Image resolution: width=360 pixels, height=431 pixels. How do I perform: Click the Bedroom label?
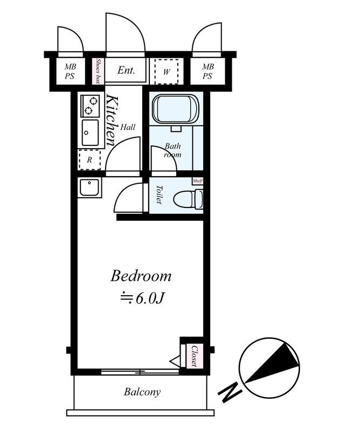[141, 276]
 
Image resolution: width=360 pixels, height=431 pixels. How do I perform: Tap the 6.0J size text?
[142, 298]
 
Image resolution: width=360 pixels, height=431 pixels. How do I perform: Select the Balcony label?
[142, 392]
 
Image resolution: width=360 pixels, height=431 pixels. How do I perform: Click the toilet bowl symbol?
[189, 199]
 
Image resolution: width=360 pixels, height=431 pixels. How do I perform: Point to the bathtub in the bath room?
[176, 109]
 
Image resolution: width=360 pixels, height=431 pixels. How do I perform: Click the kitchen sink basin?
[90, 133]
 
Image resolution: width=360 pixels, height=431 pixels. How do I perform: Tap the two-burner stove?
[90, 106]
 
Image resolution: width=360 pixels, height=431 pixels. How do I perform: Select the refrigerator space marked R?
[89, 159]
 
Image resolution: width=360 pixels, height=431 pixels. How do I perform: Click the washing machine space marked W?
[166, 72]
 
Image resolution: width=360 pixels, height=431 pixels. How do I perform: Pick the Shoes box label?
[98, 72]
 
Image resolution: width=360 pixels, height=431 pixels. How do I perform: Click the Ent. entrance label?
[126, 71]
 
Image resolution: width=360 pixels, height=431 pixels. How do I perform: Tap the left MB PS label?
[70, 71]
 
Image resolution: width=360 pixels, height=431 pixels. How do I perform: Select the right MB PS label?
[208, 71]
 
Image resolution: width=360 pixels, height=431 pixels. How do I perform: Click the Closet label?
[195, 356]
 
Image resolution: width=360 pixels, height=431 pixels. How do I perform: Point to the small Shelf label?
[198, 181]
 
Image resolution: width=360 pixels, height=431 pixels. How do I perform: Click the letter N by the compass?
[229, 392]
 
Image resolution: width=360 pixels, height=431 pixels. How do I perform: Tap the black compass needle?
[272, 363]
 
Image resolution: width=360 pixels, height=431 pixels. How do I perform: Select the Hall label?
[128, 127]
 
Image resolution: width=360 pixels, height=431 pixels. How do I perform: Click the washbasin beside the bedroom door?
[89, 187]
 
